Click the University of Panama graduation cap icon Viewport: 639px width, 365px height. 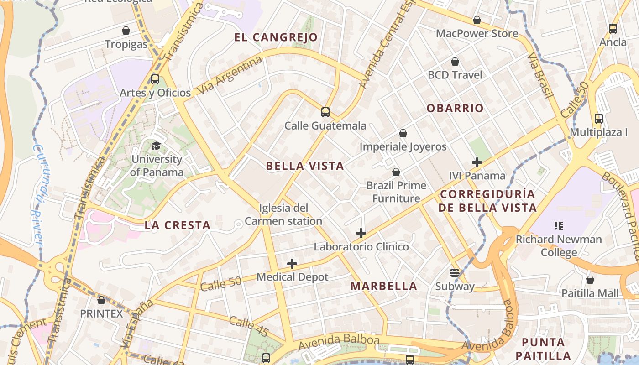coord(157,146)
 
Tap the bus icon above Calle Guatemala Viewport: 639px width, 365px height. coord(325,112)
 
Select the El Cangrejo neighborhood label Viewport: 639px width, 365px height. coord(276,37)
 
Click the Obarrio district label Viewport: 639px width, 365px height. coord(455,108)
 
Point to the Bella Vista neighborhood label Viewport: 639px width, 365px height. coord(305,166)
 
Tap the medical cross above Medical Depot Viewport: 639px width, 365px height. coord(292,264)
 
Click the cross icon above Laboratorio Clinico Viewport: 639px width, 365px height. coord(361,233)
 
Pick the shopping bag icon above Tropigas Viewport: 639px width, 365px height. coord(126,31)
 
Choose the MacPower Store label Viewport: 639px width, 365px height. coord(477,33)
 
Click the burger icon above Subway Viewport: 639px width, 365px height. coord(455,273)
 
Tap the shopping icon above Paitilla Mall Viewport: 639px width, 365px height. coord(590,279)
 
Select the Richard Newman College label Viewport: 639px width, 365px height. coord(559,245)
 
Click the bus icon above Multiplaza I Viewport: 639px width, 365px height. coord(599,119)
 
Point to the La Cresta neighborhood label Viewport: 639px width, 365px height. coord(178,225)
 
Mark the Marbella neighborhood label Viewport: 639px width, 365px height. coord(384,286)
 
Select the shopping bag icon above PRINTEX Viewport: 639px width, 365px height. coord(101,300)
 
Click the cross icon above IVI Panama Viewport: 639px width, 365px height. coord(477,162)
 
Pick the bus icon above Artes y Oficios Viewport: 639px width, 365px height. coord(155,79)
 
